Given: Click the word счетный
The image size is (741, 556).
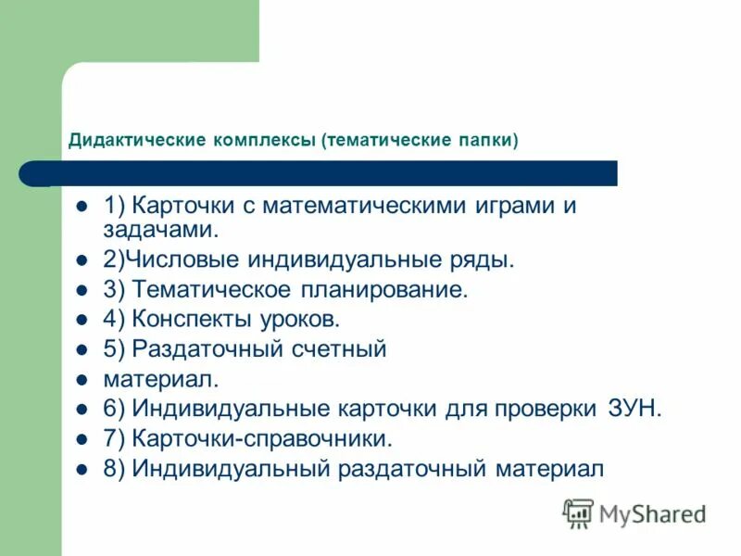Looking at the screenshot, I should coord(339,349).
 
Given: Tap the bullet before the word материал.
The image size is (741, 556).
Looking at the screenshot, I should coord(82,379).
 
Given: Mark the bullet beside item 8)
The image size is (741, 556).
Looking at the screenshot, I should coord(82,469).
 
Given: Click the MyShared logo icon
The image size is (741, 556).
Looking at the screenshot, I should coord(578,512).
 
